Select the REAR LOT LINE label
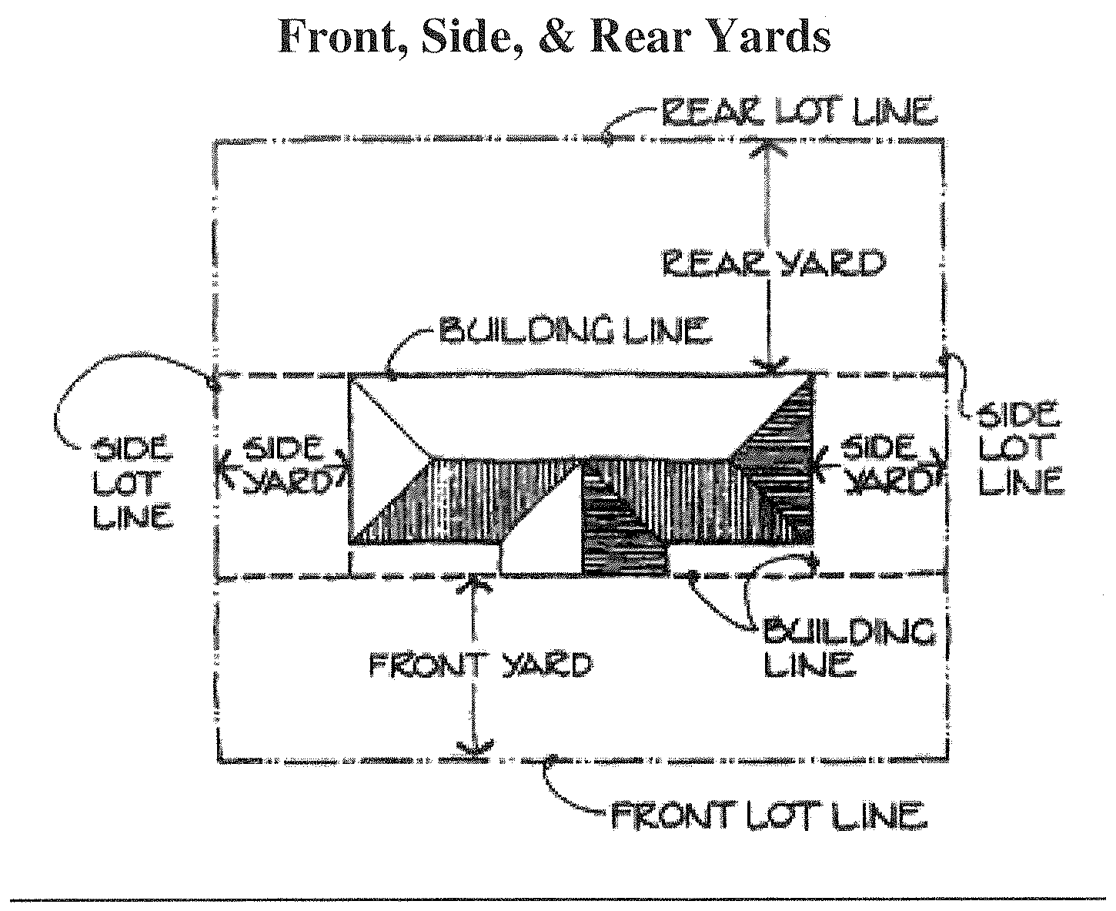799,111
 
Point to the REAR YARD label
774,264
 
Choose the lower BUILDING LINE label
848,647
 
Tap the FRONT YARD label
480,664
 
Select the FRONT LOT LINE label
769,815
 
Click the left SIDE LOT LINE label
132,483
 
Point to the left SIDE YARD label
282,464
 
